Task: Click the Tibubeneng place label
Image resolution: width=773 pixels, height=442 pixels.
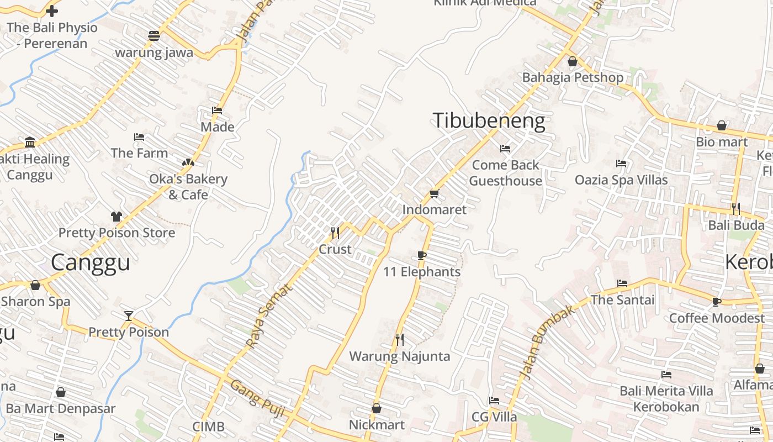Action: [489, 120]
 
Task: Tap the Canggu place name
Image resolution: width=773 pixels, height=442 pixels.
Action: [91, 262]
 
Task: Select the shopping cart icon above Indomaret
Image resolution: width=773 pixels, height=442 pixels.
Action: [434, 193]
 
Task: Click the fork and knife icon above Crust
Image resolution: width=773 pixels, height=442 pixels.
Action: [335, 233]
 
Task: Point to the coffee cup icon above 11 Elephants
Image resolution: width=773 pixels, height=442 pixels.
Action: [422, 255]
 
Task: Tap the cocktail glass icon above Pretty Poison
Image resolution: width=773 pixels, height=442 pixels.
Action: [129, 315]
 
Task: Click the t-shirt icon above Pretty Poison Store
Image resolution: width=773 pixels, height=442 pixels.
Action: [116, 216]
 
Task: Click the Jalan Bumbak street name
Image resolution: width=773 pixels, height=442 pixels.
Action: [547, 343]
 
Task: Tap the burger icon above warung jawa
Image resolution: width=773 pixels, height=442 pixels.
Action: [154, 36]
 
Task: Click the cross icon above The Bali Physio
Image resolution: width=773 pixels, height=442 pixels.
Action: [52, 10]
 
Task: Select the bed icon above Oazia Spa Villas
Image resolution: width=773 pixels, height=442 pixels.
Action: [621, 164]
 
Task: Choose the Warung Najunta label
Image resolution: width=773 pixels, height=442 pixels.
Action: [400, 356]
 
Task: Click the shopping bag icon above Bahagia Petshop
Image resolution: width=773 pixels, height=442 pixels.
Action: [573, 61]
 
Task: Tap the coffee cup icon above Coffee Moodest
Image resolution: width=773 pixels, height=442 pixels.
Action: [717, 302]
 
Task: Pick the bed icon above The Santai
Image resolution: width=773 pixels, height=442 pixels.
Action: [622, 283]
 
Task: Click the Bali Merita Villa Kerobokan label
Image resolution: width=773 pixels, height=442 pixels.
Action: [666, 399]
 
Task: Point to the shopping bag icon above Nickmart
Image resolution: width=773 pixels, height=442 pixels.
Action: [377, 408]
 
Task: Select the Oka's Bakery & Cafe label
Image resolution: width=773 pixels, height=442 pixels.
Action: [188, 187]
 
